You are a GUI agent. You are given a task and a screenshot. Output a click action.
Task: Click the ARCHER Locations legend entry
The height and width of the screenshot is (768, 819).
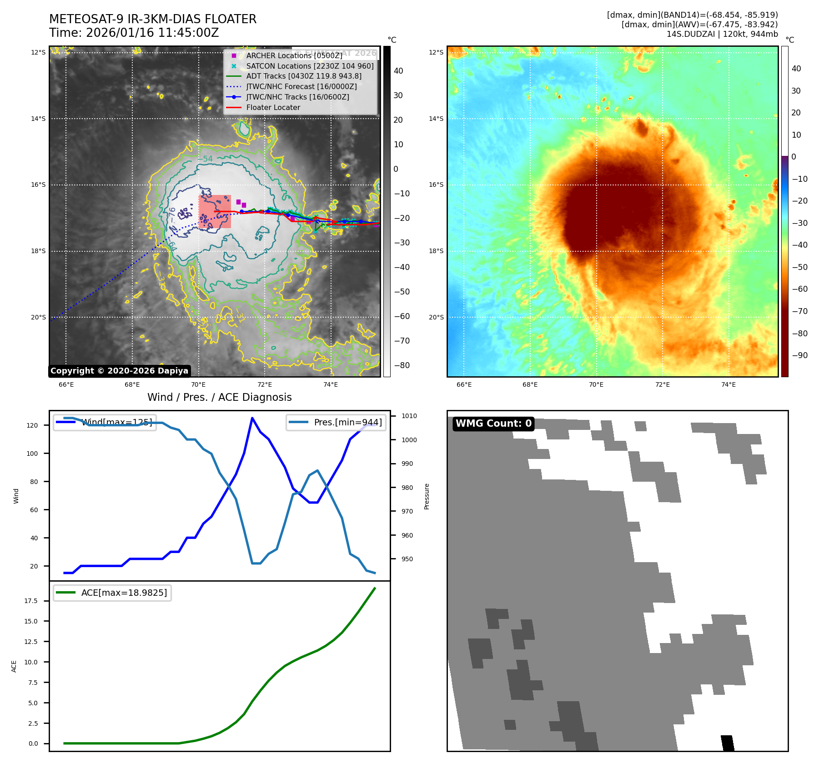pyautogui.click(x=294, y=55)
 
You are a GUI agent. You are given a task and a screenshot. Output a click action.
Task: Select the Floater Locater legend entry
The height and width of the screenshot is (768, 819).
pyautogui.click(x=273, y=108)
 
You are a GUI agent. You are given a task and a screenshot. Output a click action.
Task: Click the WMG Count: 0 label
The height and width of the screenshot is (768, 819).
pyautogui.click(x=493, y=424)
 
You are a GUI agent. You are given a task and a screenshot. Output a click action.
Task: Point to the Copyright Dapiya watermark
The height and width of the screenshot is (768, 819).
pyautogui.click(x=119, y=371)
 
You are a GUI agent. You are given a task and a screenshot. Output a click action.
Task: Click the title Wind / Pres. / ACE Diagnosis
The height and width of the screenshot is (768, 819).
pyautogui.click(x=219, y=397)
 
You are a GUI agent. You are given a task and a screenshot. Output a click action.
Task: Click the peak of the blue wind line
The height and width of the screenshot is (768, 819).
pyautogui.click(x=252, y=418)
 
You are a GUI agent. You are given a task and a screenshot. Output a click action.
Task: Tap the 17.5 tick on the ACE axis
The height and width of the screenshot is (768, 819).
pyautogui.click(x=31, y=601)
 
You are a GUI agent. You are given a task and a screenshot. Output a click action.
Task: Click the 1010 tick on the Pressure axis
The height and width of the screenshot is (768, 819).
pyautogui.click(x=409, y=416)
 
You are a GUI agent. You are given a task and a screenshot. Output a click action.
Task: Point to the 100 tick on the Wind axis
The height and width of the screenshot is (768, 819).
pyautogui.click(x=32, y=454)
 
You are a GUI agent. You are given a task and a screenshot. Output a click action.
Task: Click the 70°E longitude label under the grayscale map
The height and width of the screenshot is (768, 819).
pyautogui.click(x=198, y=384)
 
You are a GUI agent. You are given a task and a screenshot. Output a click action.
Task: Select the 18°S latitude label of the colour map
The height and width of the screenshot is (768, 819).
pyautogui.click(x=436, y=251)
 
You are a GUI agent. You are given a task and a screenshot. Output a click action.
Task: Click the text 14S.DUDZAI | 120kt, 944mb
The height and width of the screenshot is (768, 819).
pyautogui.click(x=722, y=34)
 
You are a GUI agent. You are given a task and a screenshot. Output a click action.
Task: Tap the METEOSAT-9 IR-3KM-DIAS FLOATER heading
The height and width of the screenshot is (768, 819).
pyautogui.click(x=153, y=19)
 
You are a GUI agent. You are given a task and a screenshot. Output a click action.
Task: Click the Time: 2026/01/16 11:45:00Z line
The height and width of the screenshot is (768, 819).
pyautogui.click(x=134, y=33)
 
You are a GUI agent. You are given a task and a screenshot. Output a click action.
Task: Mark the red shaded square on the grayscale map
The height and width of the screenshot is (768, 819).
pyautogui.click(x=215, y=211)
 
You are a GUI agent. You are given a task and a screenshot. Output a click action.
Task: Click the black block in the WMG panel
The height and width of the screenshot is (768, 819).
pyautogui.click(x=727, y=743)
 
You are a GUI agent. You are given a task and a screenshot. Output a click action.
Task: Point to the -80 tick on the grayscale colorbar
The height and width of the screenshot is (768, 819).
pyautogui.click(x=402, y=365)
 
